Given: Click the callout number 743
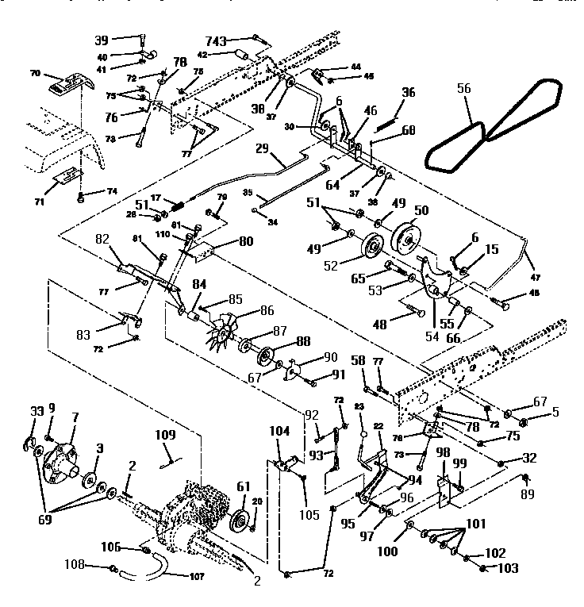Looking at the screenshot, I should pyautogui.click(x=237, y=40).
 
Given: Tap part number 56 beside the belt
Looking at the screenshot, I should pyautogui.click(x=463, y=91).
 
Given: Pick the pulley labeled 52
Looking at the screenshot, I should pyautogui.click(x=369, y=247).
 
